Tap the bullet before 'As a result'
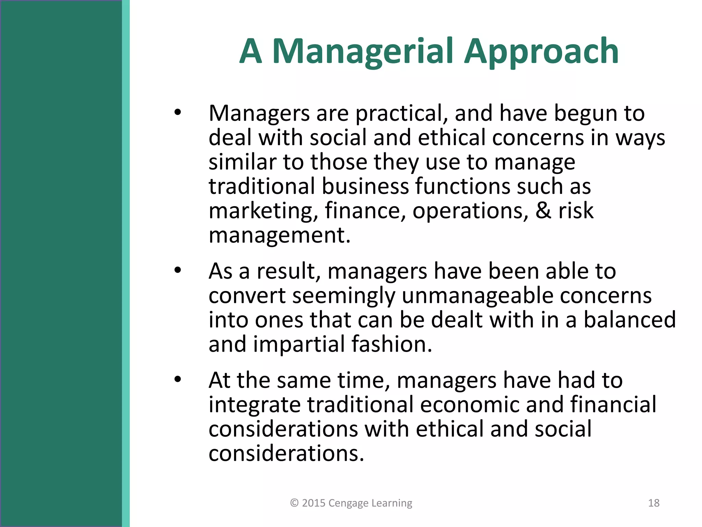[177, 270]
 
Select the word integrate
[254, 405]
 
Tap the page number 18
[654, 503]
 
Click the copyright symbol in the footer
[294, 503]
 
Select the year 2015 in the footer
[313, 503]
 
